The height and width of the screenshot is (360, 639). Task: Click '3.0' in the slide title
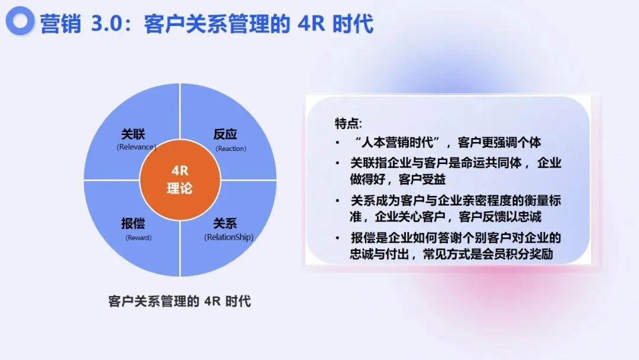(106, 23)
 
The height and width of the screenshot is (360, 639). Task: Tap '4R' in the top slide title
(311, 23)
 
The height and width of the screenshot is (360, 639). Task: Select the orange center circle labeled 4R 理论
(180, 180)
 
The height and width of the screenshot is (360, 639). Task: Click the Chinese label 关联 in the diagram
(133, 134)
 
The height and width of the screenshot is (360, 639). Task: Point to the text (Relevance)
(136, 147)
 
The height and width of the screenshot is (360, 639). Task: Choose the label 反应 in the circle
(225, 134)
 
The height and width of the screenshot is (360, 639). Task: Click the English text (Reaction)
(231, 149)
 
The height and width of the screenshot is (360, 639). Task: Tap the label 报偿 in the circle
(133, 223)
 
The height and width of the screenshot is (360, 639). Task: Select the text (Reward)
(138, 237)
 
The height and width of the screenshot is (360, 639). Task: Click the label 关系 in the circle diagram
(225, 223)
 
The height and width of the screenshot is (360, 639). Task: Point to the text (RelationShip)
(228, 237)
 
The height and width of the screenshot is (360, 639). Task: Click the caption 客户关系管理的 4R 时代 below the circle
(180, 301)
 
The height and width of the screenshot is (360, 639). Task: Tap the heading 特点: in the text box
(348, 123)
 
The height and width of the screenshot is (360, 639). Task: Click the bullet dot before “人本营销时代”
(337, 143)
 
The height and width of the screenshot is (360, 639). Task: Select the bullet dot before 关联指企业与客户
(337, 163)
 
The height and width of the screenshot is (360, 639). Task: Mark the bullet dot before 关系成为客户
(337, 201)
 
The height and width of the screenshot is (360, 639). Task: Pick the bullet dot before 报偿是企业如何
(337, 238)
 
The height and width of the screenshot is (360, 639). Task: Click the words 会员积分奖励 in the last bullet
(517, 254)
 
